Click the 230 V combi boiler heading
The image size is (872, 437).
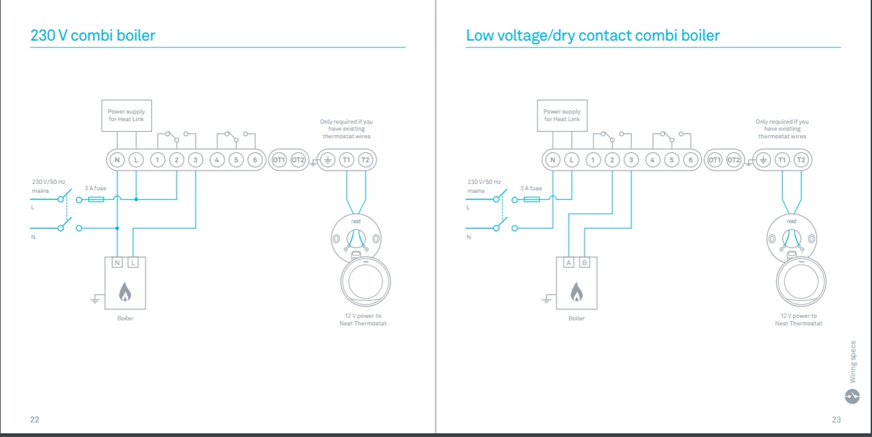(x=93, y=36)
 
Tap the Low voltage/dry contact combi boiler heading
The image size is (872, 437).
(x=593, y=36)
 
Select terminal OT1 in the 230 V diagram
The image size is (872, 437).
(x=279, y=160)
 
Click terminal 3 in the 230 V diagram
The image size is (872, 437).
(x=196, y=160)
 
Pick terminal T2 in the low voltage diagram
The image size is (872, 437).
(x=801, y=160)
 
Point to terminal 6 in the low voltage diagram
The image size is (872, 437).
(x=690, y=160)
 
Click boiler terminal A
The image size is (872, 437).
(x=569, y=263)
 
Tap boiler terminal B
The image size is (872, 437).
(x=584, y=263)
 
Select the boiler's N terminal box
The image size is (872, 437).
(x=117, y=263)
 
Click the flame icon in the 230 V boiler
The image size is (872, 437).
(x=125, y=292)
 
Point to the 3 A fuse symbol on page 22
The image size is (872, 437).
(x=96, y=199)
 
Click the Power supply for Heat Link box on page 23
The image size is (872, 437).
(x=562, y=115)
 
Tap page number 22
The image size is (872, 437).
(x=35, y=419)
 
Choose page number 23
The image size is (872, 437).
(x=836, y=419)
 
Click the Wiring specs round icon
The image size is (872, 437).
(x=852, y=396)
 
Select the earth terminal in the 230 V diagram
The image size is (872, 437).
(x=328, y=160)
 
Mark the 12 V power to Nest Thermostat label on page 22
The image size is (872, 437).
(x=363, y=320)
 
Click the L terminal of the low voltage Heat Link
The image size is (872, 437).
(x=572, y=160)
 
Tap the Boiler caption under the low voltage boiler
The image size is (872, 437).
(x=577, y=318)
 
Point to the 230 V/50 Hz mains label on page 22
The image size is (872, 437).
(x=49, y=186)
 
